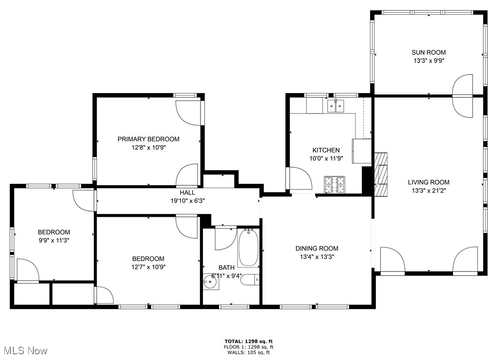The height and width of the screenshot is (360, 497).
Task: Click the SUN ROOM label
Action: [x=429, y=53]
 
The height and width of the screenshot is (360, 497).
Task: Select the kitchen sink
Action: [x=336, y=106]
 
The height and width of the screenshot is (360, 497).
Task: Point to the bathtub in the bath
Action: [x=248, y=247]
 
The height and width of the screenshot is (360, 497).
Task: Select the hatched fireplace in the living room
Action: [x=381, y=174]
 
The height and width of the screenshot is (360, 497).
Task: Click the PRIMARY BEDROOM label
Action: [x=148, y=139]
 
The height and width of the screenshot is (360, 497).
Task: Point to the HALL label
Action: [x=187, y=192]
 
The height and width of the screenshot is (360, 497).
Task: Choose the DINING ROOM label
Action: [x=317, y=248]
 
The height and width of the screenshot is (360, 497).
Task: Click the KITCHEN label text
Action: [x=326, y=150]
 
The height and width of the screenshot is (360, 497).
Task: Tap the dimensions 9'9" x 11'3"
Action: [x=54, y=240]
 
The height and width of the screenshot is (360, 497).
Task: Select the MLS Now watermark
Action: [x=24, y=351]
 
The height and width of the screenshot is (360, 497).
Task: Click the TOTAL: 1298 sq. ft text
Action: [x=249, y=341]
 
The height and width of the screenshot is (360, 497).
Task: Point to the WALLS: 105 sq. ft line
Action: [x=249, y=352]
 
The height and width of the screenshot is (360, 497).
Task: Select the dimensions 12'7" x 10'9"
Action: [x=148, y=267]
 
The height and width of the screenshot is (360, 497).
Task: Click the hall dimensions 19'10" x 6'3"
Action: [x=187, y=200]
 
